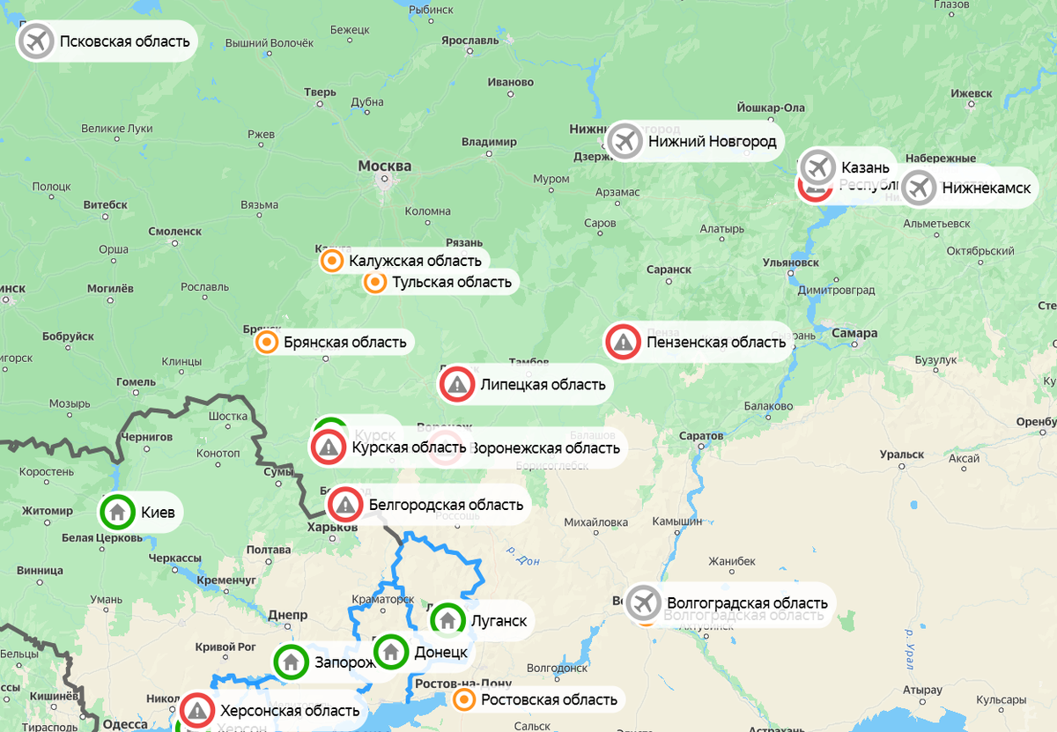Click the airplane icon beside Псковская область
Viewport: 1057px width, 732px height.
(x=36, y=41)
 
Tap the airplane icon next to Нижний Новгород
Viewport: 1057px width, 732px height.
(x=625, y=141)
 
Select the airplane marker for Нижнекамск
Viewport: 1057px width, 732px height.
(x=919, y=188)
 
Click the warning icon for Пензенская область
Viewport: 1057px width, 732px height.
(x=623, y=342)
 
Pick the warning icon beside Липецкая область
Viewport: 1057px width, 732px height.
(x=457, y=384)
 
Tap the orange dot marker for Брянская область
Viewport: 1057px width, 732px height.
(x=266, y=342)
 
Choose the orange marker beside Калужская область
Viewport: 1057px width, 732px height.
(x=332, y=261)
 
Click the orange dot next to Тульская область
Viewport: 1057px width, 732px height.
(x=375, y=282)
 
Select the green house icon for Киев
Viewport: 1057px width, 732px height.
(x=117, y=512)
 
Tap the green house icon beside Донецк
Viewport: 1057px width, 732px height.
(x=391, y=653)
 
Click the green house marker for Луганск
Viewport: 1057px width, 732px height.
(x=447, y=620)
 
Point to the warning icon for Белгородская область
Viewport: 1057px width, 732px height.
(x=345, y=505)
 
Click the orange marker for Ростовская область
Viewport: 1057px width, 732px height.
(x=464, y=699)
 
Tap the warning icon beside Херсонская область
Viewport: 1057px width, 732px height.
(x=197, y=710)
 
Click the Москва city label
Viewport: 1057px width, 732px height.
(x=385, y=166)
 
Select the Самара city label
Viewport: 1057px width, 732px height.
(x=854, y=334)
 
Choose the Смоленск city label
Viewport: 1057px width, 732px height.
(x=174, y=232)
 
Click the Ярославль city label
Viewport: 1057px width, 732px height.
(x=470, y=41)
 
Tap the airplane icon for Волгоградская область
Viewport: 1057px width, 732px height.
(x=644, y=603)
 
